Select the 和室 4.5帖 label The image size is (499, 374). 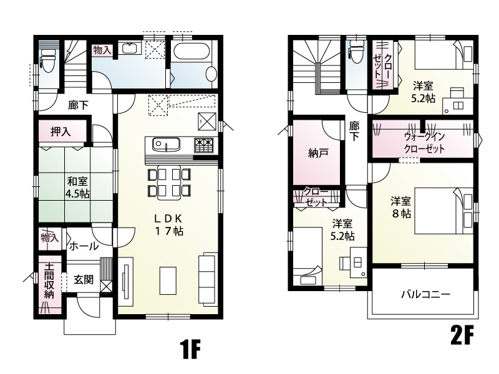[77, 188]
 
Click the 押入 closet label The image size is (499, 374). [61, 132]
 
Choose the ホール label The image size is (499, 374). [82, 246]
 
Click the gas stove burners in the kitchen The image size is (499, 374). [204, 145]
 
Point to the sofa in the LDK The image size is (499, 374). [207, 278]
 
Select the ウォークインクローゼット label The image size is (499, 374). [424, 142]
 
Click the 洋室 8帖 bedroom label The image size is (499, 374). [400, 207]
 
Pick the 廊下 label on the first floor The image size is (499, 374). [79, 105]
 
